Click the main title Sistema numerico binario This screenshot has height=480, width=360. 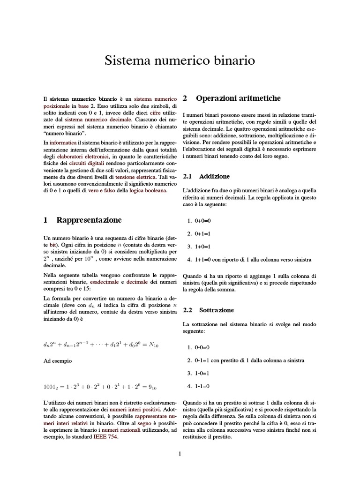click(x=180, y=61)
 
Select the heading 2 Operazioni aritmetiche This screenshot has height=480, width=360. click(x=232, y=98)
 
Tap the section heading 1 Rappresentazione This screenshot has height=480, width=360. click(x=82, y=220)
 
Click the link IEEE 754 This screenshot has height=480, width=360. click(x=105, y=437)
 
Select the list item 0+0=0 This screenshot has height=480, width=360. click(x=199, y=220)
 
